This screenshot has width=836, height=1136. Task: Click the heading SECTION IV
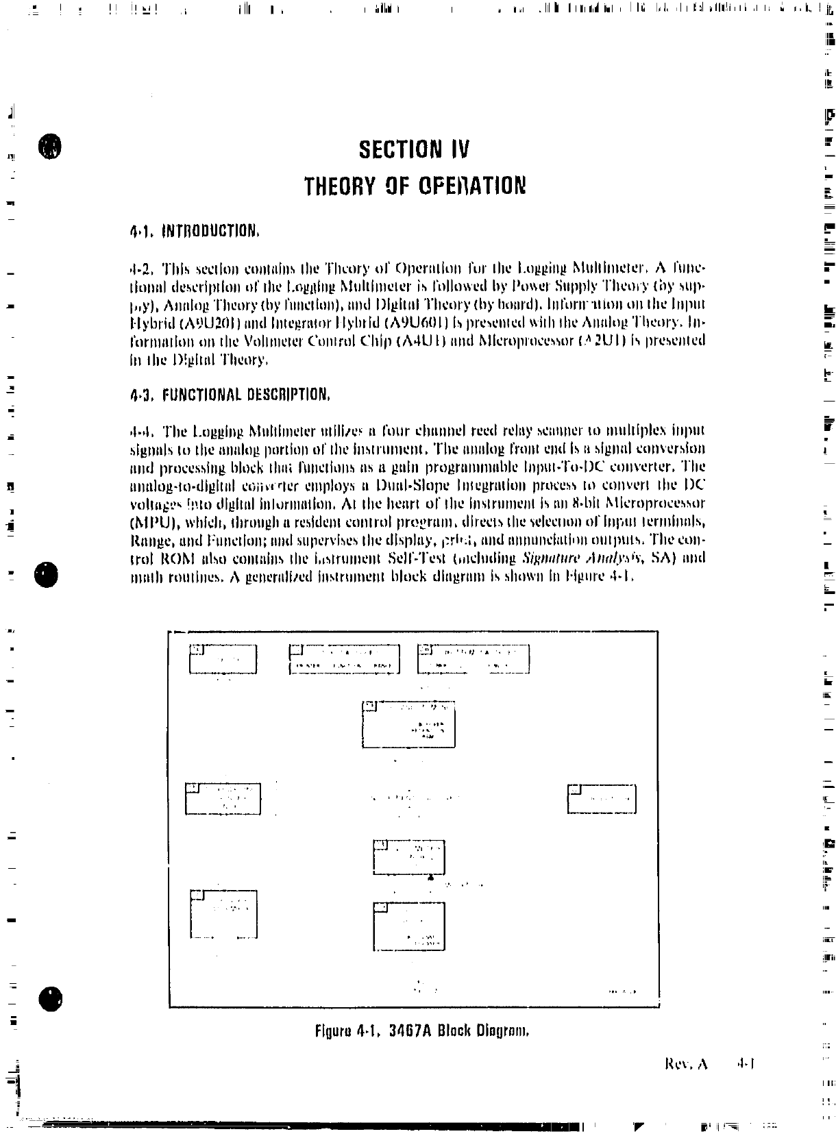(415, 149)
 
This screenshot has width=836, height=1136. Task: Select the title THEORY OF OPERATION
(415, 186)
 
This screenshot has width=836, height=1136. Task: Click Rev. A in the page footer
(685, 1064)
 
